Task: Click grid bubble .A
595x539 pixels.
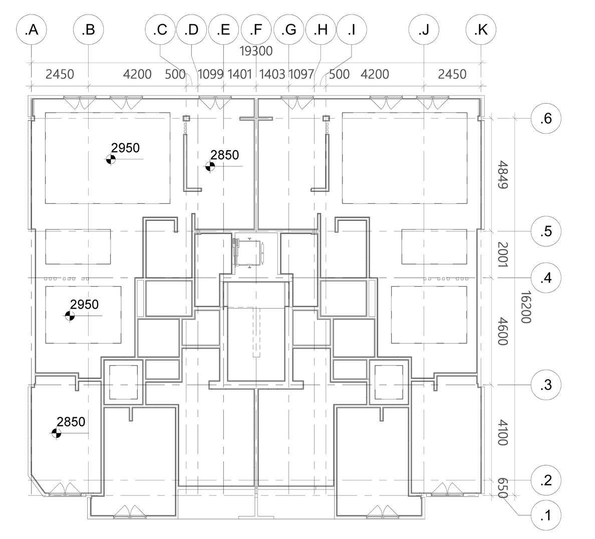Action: click(32, 30)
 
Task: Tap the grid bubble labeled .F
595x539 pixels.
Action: click(256, 30)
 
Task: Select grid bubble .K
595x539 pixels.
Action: click(481, 30)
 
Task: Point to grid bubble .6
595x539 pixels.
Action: click(546, 119)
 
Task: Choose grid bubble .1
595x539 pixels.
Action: click(546, 515)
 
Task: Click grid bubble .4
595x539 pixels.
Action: click(546, 278)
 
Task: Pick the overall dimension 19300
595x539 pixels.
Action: click(256, 51)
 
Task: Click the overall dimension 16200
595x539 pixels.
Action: click(525, 307)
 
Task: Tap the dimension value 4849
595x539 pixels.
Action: click(503, 175)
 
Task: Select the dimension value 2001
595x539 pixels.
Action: click(503, 254)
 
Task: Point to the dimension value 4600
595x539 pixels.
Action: click(503, 331)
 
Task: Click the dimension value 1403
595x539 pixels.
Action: click(272, 75)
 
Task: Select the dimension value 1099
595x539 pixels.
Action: click(210, 75)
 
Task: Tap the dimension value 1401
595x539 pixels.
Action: click(239, 75)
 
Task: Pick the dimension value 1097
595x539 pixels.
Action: click(302, 75)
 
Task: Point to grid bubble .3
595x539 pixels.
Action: click(546, 385)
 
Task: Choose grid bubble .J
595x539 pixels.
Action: click(424, 30)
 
